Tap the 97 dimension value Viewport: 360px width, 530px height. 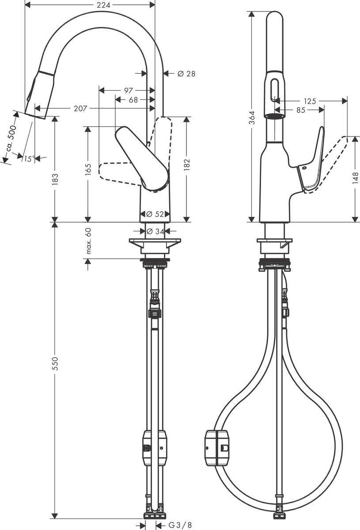click(x=129, y=91)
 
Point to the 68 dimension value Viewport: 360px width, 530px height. click(x=133, y=100)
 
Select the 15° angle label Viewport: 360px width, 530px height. click(x=29, y=159)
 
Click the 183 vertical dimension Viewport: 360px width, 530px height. click(x=56, y=178)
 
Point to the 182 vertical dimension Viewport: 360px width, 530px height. click(x=186, y=163)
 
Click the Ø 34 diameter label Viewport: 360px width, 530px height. click(x=155, y=231)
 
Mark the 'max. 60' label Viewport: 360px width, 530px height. click(x=88, y=241)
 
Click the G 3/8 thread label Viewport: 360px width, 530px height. click(x=180, y=525)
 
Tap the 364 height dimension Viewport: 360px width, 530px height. click(x=251, y=117)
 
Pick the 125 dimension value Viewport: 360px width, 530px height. click(x=310, y=101)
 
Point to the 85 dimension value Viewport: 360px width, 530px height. click(x=300, y=110)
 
